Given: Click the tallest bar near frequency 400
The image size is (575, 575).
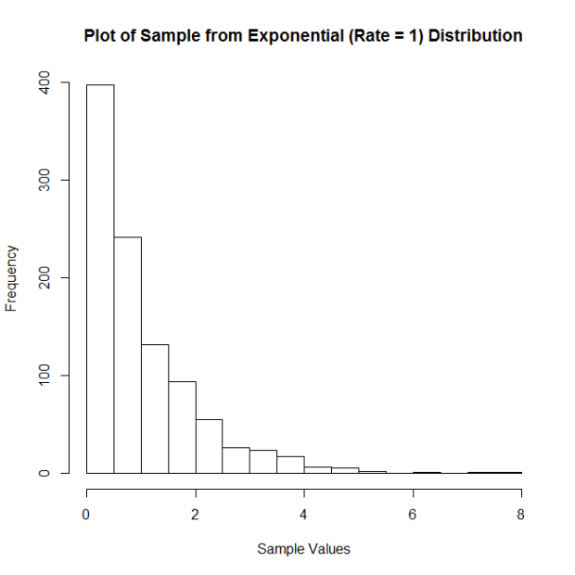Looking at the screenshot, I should coord(100,278).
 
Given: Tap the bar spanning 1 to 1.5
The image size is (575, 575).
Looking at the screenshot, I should coord(155,408).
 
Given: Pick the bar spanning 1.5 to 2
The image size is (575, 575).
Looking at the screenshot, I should coord(182,427).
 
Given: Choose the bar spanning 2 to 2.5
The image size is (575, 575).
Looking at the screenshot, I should coord(209,446).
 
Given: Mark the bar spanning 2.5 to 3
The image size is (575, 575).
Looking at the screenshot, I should coord(236,460).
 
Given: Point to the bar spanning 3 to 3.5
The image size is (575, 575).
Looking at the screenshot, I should coord(263,462).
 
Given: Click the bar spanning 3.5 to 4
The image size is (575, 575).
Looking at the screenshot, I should coord(290,465).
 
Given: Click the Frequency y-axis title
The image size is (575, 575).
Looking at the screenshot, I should coord(12,278).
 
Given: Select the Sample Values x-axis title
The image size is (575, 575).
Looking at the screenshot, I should coord(303,549).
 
